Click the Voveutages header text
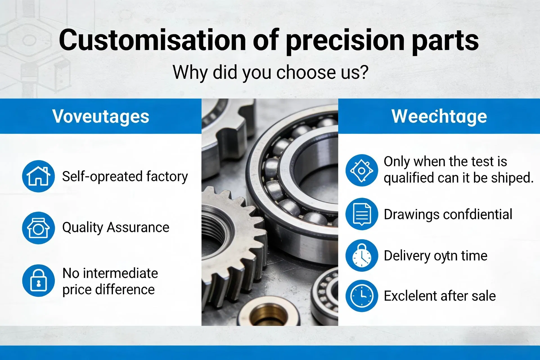(x=101, y=117)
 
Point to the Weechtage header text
(x=439, y=116)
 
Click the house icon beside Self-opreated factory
(x=39, y=176)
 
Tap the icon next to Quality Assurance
(x=39, y=228)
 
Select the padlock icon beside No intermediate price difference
(x=39, y=280)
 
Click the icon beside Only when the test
(x=362, y=170)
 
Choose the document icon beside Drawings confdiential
(x=362, y=214)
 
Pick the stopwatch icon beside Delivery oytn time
(x=362, y=255)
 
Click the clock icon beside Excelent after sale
(x=362, y=296)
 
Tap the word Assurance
(x=138, y=227)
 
